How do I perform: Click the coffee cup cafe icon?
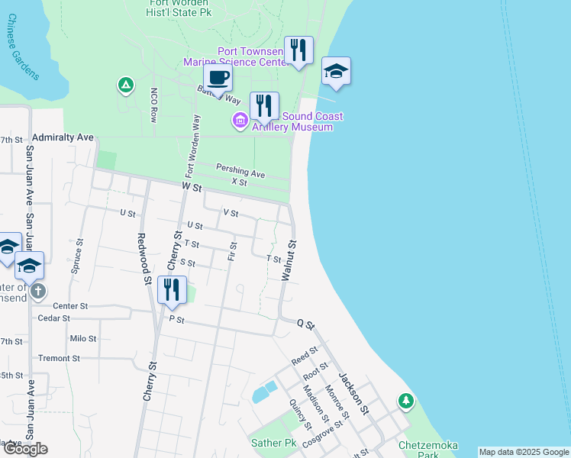(x=218, y=78)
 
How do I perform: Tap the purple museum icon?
(x=240, y=120)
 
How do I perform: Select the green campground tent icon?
(x=124, y=85)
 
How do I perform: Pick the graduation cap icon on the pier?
(x=336, y=72)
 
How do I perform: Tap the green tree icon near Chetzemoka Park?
(x=406, y=401)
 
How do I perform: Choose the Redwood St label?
(x=142, y=260)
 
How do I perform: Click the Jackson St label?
(x=353, y=392)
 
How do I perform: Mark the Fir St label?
(x=233, y=251)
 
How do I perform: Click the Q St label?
(x=305, y=325)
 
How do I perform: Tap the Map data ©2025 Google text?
(x=523, y=452)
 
